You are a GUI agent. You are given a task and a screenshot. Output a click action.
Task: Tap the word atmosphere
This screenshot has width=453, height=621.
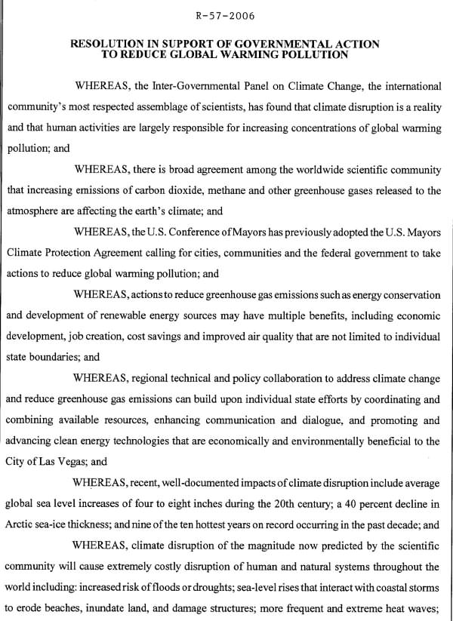35,212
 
